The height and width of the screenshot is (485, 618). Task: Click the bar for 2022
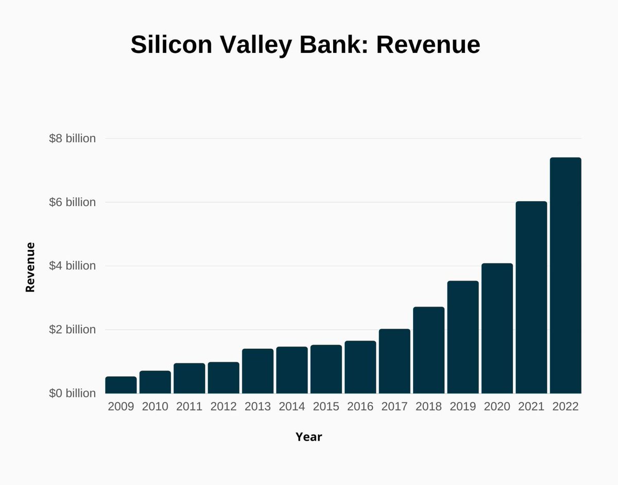coord(565,276)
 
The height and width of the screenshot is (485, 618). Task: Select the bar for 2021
coord(531,297)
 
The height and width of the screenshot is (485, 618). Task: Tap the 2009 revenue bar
coord(121,385)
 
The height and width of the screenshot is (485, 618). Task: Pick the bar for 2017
coord(394,361)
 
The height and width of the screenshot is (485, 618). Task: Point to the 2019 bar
coord(462,337)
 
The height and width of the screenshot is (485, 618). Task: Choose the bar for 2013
coord(257,371)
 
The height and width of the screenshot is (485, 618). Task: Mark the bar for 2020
coord(497,328)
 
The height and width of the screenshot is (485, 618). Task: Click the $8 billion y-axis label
coord(72,138)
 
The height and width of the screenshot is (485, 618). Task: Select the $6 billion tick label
coord(72,202)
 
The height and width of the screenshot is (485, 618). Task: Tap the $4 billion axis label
coord(72,266)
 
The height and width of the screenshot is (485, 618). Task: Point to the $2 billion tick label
coord(72,330)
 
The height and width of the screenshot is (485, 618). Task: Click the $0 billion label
coord(72,393)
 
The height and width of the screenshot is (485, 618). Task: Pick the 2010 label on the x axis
coord(155,406)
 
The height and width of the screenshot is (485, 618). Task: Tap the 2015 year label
coord(326,406)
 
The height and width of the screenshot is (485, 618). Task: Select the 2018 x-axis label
coord(428,406)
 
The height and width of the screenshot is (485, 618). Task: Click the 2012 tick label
coord(224,406)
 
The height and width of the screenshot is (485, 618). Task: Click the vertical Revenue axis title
coord(30,267)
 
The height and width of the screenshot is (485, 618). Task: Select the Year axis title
coord(308,437)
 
